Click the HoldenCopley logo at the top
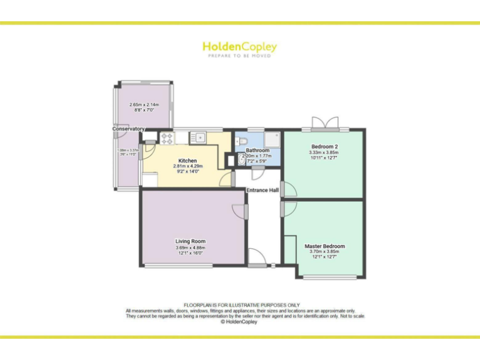(239, 47)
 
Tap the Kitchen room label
(187, 161)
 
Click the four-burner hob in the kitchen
(167, 137)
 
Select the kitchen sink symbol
(197, 137)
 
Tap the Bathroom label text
(257, 151)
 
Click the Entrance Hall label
(262, 190)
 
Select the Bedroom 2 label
(323, 146)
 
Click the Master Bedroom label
(324, 246)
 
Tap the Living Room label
(190, 241)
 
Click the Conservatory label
(128, 129)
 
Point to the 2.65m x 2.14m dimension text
(144, 104)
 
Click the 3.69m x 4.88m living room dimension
(190, 248)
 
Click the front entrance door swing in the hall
(257, 256)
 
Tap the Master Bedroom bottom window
(331, 277)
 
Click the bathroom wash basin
(241, 161)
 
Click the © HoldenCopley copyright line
(240, 322)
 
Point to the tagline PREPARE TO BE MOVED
(239, 56)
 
